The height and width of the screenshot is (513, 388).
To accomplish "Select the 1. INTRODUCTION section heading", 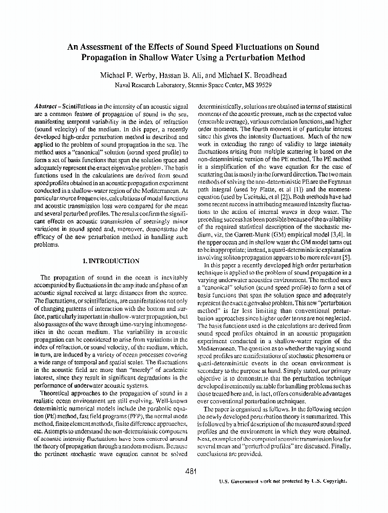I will point(111,261).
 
